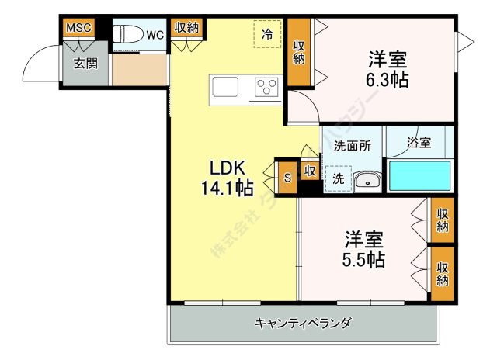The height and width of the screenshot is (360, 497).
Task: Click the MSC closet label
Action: (78, 28)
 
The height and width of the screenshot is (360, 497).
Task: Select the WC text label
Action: (155, 35)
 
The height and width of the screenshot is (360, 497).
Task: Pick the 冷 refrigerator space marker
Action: (267, 33)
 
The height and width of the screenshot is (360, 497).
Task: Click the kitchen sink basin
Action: (228, 86)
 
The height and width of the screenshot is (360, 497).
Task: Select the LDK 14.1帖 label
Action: (228, 177)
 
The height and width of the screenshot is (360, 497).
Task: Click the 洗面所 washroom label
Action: (352, 145)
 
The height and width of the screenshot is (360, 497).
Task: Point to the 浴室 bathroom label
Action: (419, 143)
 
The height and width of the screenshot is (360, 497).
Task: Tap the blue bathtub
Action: (419, 176)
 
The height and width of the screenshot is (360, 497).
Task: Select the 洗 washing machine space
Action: (339, 178)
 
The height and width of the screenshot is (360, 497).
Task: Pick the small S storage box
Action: (287, 177)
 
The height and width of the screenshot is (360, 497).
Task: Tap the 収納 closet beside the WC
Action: (186, 28)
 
